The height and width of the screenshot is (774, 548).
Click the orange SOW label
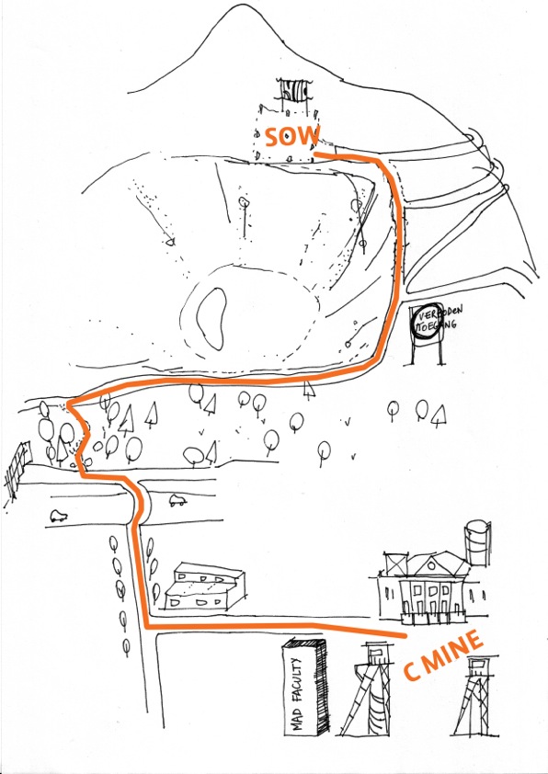tap(292, 136)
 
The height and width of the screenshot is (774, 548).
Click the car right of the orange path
tap(177, 501)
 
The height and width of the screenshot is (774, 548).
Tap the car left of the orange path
tap(59, 516)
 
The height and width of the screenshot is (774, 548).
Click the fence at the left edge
tap(17, 469)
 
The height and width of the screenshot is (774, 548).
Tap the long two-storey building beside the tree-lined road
tap(204, 586)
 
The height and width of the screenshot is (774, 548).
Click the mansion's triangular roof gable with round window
tap(432, 565)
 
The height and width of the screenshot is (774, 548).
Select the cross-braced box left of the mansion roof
tap(395, 563)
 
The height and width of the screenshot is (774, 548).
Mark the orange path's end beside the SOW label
tap(316, 154)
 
